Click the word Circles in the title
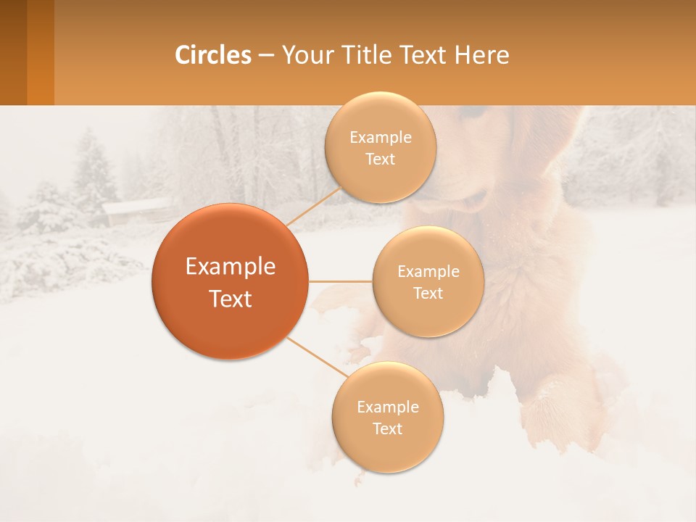(x=212, y=55)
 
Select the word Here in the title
(x=481, y=55)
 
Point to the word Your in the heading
(x=307, y=55)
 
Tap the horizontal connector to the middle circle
(x=340, y=281)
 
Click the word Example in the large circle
(x=230, y=267)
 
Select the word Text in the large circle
(x=230, y=299)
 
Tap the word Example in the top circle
(x=380, y=137)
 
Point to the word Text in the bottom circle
(x=387, y=428)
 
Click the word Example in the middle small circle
(x=428, y=272)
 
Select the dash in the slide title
(x=266, y=56)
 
